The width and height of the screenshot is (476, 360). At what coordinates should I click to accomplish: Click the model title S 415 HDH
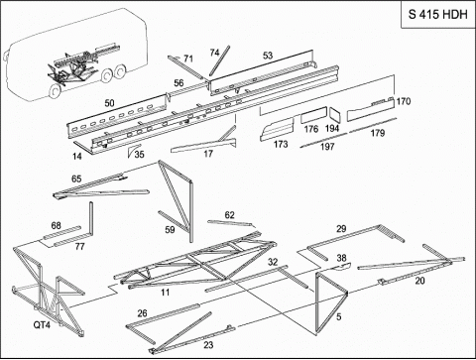click(438, 14)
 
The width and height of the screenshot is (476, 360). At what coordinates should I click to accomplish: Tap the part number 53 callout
click(268, 56)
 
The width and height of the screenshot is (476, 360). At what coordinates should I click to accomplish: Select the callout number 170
click(404, 101)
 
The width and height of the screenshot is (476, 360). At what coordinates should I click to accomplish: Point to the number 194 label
click(332, 128)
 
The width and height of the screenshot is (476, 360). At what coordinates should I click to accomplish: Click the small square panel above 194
click(334, 115)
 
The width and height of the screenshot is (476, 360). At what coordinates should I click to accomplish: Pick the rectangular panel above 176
click(313, 115)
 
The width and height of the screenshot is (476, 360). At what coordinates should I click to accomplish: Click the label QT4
click(42, 325)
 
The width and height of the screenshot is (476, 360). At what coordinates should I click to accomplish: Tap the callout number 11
click(166, 293)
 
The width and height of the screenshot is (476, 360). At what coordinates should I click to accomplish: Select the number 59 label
click(170, 229)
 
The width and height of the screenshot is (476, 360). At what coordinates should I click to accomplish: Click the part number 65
click(76, 179)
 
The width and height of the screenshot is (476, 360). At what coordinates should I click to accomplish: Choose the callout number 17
click(208, 154)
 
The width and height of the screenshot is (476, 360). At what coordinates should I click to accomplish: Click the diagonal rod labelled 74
click(219, 60)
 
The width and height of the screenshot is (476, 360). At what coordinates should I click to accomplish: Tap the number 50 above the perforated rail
click(109, 103)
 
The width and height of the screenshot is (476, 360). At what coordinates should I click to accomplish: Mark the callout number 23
click(208, 345)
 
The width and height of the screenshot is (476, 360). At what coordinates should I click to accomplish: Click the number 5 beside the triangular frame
click(338, 317)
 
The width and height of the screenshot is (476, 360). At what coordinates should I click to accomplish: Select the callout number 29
click(341, 229)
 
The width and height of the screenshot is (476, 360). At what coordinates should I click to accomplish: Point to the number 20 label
click(419, 281)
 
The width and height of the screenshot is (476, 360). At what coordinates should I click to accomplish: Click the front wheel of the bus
click(55, 90)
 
